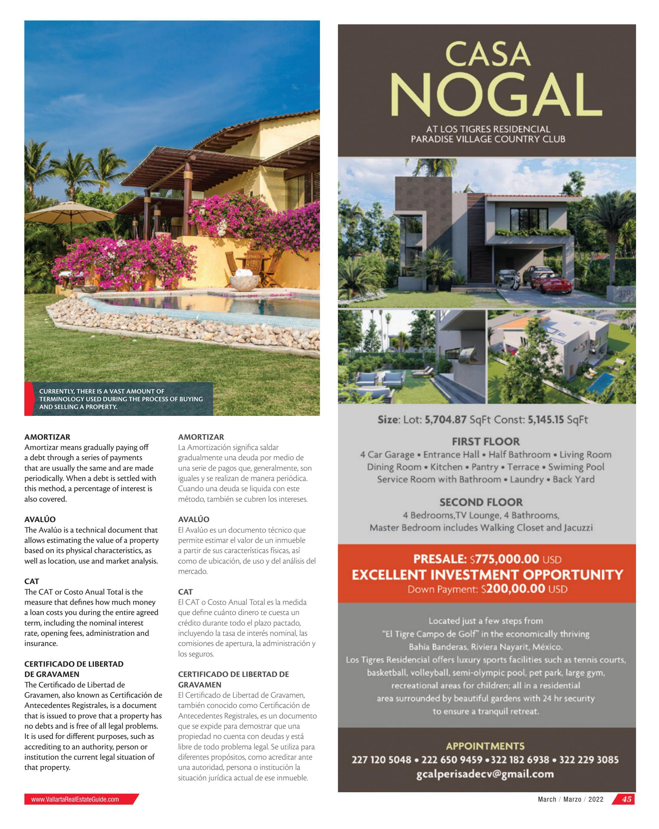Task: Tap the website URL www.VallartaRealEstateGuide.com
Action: [x=75, y=799]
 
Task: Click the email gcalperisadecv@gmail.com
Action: [x=485, y=774]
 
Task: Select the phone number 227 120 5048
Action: [x=381, y=760]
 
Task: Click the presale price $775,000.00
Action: [x=504, y=559]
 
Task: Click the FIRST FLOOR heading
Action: [x=486, y=441]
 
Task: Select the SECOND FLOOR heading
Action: [x=481, y=502]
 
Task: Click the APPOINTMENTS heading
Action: [x=485, y=746]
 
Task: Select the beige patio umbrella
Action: [x=69, y=210]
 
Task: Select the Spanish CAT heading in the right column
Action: [x=185, y=592]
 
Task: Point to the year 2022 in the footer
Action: [x=596, y=799]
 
